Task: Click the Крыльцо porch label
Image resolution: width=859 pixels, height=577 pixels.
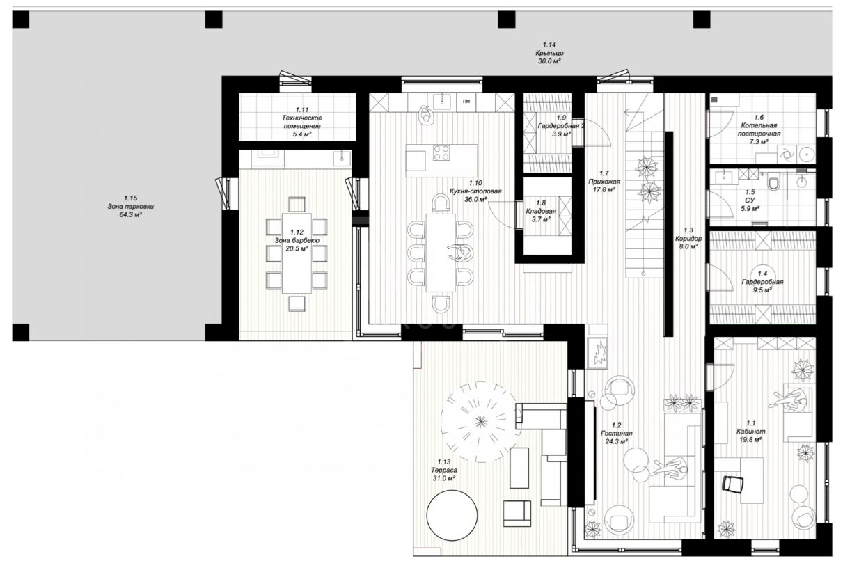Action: coord(549,53)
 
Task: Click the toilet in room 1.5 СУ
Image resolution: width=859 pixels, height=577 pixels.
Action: coord(774,183)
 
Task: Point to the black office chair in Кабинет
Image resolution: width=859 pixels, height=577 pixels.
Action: coord(732,484)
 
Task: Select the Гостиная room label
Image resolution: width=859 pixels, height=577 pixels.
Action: coord(616,433)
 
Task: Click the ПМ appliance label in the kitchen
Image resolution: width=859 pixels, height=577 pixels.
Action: coord(466,102)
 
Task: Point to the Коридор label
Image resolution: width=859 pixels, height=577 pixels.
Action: coord(688,239)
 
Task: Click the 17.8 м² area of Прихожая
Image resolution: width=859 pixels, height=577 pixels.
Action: coord(604,190)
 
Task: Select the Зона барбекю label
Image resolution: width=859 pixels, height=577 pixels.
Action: coord(297,240)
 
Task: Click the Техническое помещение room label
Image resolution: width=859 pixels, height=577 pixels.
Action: coord(302,122)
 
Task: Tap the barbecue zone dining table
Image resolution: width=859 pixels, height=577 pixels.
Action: coord(297,253)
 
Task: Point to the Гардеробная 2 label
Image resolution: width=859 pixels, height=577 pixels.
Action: coord(561,126)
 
